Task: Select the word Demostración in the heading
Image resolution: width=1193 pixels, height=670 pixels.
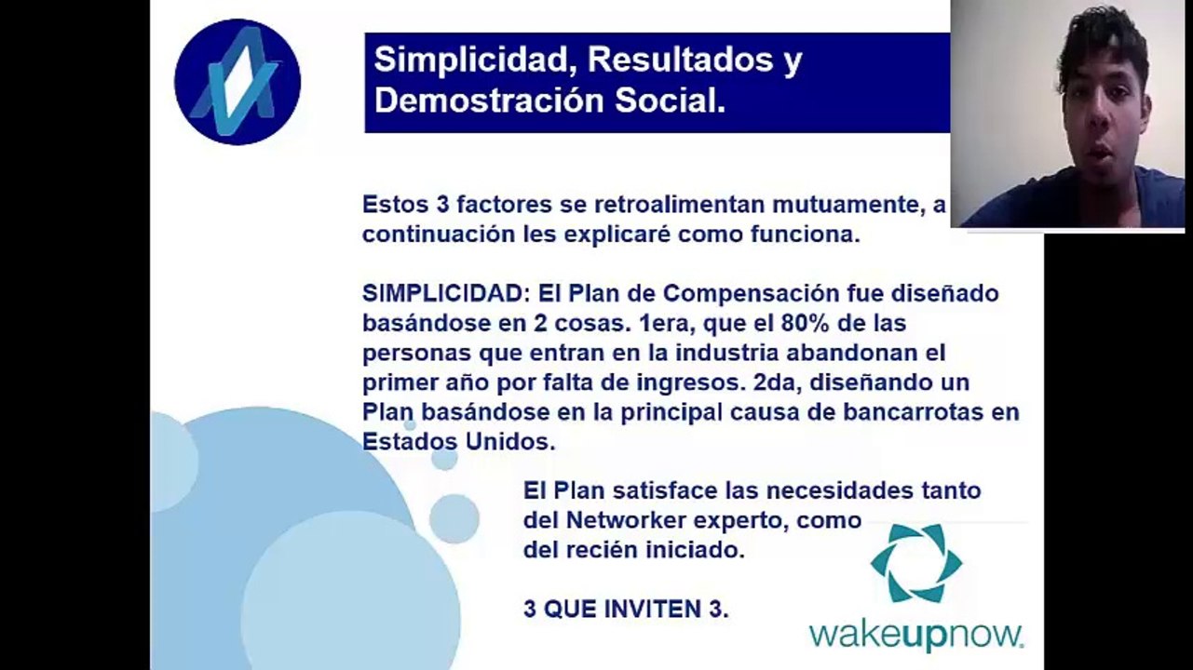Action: [x=489, y=100]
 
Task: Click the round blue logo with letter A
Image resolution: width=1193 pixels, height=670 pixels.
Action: [x=237, y=81]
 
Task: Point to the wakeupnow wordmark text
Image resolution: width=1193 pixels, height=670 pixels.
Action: [x=916, y=636]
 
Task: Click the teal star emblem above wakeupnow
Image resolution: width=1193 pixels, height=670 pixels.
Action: [x=916, y=563]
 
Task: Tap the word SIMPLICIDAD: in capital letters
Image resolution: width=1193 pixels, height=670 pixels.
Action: [x=446, y=293]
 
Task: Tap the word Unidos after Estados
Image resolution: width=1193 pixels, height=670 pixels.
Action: [x=510, y=442]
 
